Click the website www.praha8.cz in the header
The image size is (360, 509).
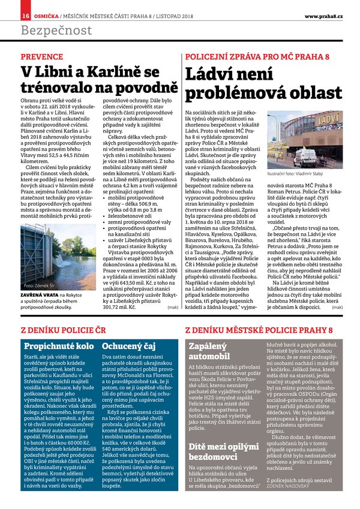point(323,15)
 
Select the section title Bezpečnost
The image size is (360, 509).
point(56,30)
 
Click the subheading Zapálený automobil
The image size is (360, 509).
point(209,351)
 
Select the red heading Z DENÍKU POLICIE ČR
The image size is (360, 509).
point(63,330)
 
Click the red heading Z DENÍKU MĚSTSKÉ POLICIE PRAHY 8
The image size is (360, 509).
point(254,330)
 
